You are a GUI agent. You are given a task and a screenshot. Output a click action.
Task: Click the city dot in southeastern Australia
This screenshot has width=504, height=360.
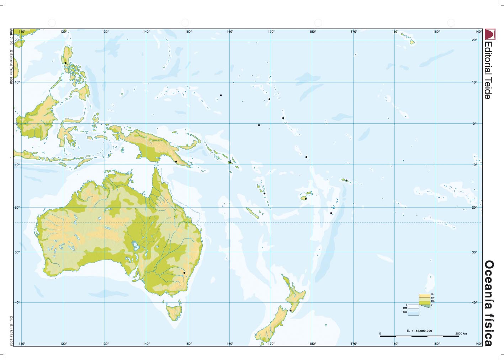click(184, 273)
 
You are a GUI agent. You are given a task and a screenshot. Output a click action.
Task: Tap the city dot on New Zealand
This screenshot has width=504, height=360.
click(291, 310)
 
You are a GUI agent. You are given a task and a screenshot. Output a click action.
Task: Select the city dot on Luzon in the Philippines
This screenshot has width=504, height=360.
click(65, 63)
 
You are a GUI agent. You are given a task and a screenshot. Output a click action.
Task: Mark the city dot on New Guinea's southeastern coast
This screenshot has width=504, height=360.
click(176, 161)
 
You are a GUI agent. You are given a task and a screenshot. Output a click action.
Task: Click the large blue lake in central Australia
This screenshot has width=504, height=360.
click(135, 245)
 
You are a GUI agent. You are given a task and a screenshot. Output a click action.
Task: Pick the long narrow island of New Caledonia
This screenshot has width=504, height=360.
click(253, 213)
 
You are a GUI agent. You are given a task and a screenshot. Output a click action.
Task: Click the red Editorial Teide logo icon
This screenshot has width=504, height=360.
click(489, 34)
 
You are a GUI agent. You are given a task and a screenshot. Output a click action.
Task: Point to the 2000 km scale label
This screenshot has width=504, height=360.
click(461, 333)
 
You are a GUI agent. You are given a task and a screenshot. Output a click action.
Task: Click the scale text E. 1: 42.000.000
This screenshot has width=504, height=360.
click(419, 331)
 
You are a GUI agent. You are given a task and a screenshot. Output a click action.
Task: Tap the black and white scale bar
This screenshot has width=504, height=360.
click(419, 336)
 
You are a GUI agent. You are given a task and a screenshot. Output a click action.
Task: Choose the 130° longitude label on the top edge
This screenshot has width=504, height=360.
click(105, 32)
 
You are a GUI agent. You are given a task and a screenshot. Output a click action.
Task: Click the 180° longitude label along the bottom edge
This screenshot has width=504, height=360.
click(313, 344)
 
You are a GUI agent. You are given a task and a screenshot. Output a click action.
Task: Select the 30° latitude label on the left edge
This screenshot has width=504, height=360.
click(17, 252)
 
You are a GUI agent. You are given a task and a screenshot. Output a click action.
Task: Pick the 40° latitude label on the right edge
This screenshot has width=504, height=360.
click(474, 302)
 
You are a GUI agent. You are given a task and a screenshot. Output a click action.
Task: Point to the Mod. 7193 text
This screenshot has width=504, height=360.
click(11, 37)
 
